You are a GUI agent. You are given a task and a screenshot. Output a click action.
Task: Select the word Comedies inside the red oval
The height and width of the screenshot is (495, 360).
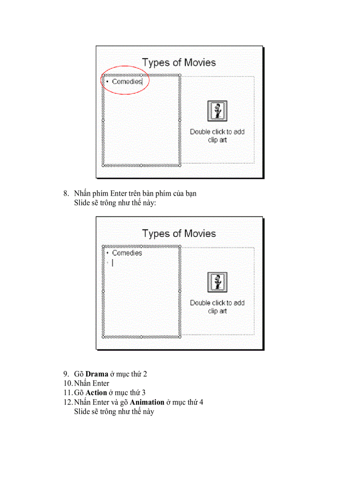tap(127, 82)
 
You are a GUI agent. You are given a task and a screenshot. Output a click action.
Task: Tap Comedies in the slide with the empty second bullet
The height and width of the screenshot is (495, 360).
tap(127, 253)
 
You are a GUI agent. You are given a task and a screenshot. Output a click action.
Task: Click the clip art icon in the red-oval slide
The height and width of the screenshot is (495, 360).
tap(217, 111)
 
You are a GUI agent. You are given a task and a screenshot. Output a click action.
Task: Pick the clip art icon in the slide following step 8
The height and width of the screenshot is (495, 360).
tap(217, 282)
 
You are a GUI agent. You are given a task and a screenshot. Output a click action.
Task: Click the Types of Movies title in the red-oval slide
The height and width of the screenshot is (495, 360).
tap(179, 62)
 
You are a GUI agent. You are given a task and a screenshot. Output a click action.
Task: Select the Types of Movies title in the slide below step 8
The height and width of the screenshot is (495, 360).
tap(179, 233)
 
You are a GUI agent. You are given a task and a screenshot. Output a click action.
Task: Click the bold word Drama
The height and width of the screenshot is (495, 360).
tap(97, 374)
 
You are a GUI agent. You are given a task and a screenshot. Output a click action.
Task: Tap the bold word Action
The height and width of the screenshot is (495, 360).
tap(96, 392)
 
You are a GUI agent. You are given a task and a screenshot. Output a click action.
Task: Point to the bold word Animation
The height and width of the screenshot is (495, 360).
tap(147, 402)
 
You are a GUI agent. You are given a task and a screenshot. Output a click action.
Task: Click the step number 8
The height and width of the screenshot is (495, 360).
tap(66, 193)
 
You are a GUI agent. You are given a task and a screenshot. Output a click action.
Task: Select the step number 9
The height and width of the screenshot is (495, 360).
tap(66, 374)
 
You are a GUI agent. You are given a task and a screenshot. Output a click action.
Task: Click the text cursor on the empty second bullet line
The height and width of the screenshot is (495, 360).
tap(112, 263)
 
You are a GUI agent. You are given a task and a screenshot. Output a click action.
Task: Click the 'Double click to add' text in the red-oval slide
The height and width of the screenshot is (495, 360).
tap(217, 131)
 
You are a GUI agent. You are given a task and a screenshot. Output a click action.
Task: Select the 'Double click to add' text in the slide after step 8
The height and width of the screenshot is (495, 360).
tap(217, 303)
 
